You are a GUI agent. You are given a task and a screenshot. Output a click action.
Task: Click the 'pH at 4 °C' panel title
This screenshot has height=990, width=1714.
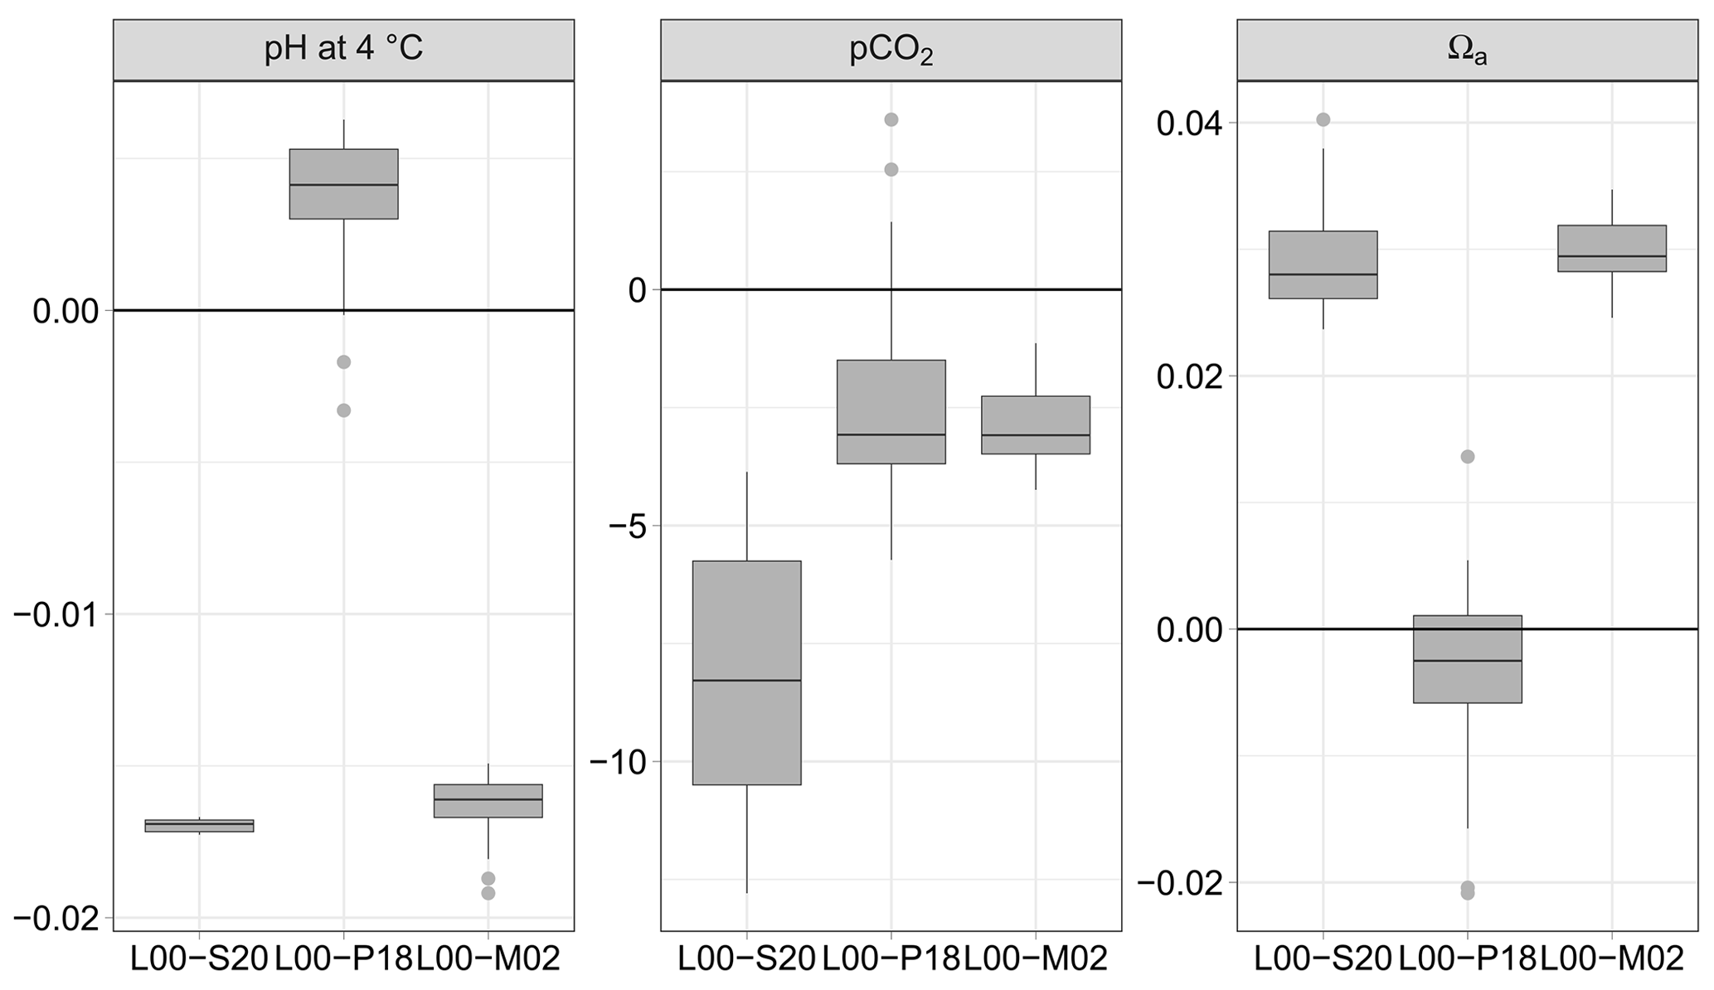pyautogui.click(x=343, y=50)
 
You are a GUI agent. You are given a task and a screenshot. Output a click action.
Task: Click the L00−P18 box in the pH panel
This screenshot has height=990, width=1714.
pyautogui.click(x=343, y=184)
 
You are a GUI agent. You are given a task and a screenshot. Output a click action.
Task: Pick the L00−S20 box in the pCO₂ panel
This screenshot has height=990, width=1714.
pyautogui.click(x=746, y=672)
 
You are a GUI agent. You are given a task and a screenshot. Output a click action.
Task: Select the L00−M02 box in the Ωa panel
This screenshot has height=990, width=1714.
pyautogui.click(x=1611, y=249)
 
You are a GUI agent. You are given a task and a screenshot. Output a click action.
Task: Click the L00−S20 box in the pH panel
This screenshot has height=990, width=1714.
pyautogui.click(x=199, y=825)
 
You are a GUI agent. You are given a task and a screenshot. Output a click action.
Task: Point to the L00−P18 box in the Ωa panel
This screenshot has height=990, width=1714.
pyautogui.click(x=1467, y=659)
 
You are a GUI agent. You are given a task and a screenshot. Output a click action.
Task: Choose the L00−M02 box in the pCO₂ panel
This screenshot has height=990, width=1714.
pyautogui.click(x=1035, y=425)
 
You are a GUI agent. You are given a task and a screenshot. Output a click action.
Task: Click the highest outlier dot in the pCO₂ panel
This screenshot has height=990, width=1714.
pyautogui.click(x=891, y=119)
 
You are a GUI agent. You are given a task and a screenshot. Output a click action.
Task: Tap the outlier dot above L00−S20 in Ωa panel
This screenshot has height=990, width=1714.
pyautogui.click(x=1323, y=119)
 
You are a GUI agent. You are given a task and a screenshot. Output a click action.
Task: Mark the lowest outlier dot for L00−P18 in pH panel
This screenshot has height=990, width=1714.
pyautogui.click(x=343, y=410)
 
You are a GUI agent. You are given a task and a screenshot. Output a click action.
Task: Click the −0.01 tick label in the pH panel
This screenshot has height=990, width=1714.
pyautogui.click(x=55, y=614)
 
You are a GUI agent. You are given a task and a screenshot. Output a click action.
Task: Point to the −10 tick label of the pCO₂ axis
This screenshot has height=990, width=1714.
pyautogui.click(x=618, y=762)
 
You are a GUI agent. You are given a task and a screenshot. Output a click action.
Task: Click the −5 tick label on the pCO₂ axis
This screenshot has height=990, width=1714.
pyautogui.click(x=627, y=526)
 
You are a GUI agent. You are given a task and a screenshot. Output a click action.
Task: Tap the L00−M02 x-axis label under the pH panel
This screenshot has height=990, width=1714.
pyautogui.click(x=488, y=960)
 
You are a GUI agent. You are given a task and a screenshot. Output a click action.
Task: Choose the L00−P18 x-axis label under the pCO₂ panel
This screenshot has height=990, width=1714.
pyautogui.click(x=891, y=960)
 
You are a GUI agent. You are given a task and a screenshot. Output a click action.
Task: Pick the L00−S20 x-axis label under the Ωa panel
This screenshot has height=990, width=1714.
pyautogui.click(x=1323, y=960)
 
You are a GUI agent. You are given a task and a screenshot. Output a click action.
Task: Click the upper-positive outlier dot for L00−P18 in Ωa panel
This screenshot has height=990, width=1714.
pyautogui.click(x=1467, y=457)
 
